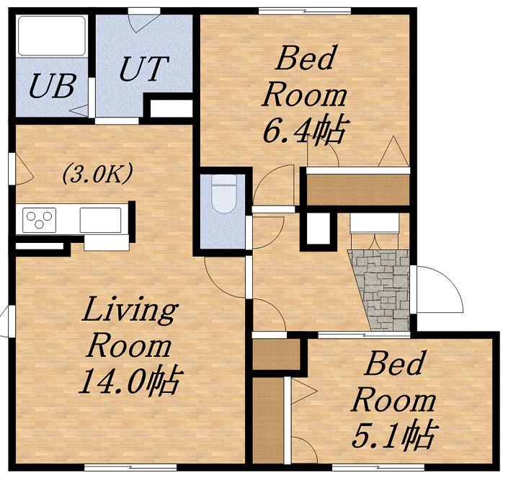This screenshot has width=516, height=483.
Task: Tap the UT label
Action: (144, 68)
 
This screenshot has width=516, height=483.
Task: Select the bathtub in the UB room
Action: (52, 35)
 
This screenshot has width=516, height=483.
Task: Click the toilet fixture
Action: (224, 195)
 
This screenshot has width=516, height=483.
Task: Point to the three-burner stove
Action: (39, 220)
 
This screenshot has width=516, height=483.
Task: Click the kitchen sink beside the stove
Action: (100, 220)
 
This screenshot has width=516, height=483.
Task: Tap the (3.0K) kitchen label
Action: (98, 174)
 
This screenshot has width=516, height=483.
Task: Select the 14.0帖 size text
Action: (130, 381)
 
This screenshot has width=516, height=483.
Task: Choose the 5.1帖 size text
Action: (395, 435)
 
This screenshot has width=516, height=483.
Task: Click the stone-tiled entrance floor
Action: (383, 290)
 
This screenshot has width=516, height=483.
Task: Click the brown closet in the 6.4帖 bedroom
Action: (358, 190)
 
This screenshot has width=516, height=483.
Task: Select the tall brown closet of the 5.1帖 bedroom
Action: (268, 421)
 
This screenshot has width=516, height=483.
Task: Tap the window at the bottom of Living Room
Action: (130, 467)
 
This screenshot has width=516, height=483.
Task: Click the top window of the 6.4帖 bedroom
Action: (305, 11)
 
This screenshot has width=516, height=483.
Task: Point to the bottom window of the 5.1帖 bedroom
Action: (378, 467)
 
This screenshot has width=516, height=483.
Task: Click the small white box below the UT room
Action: (172, 109)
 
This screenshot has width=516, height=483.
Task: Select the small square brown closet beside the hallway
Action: (277, 354)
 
